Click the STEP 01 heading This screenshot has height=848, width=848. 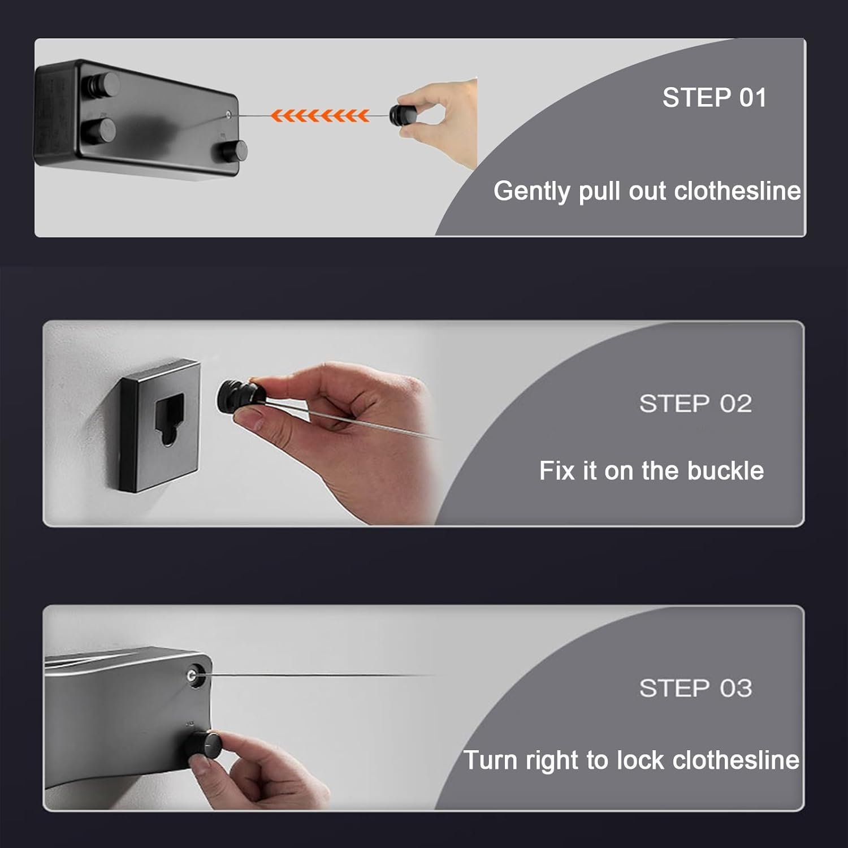coord(715,97)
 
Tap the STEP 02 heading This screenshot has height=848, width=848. coord(695,404)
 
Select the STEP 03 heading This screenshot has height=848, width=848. coord(695,688)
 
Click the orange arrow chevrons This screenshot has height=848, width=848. coord(320,115)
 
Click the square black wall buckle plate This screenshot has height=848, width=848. coord(159,424)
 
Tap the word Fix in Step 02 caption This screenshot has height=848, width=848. coord(557,470)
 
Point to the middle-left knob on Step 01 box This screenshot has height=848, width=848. coord(99,130)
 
